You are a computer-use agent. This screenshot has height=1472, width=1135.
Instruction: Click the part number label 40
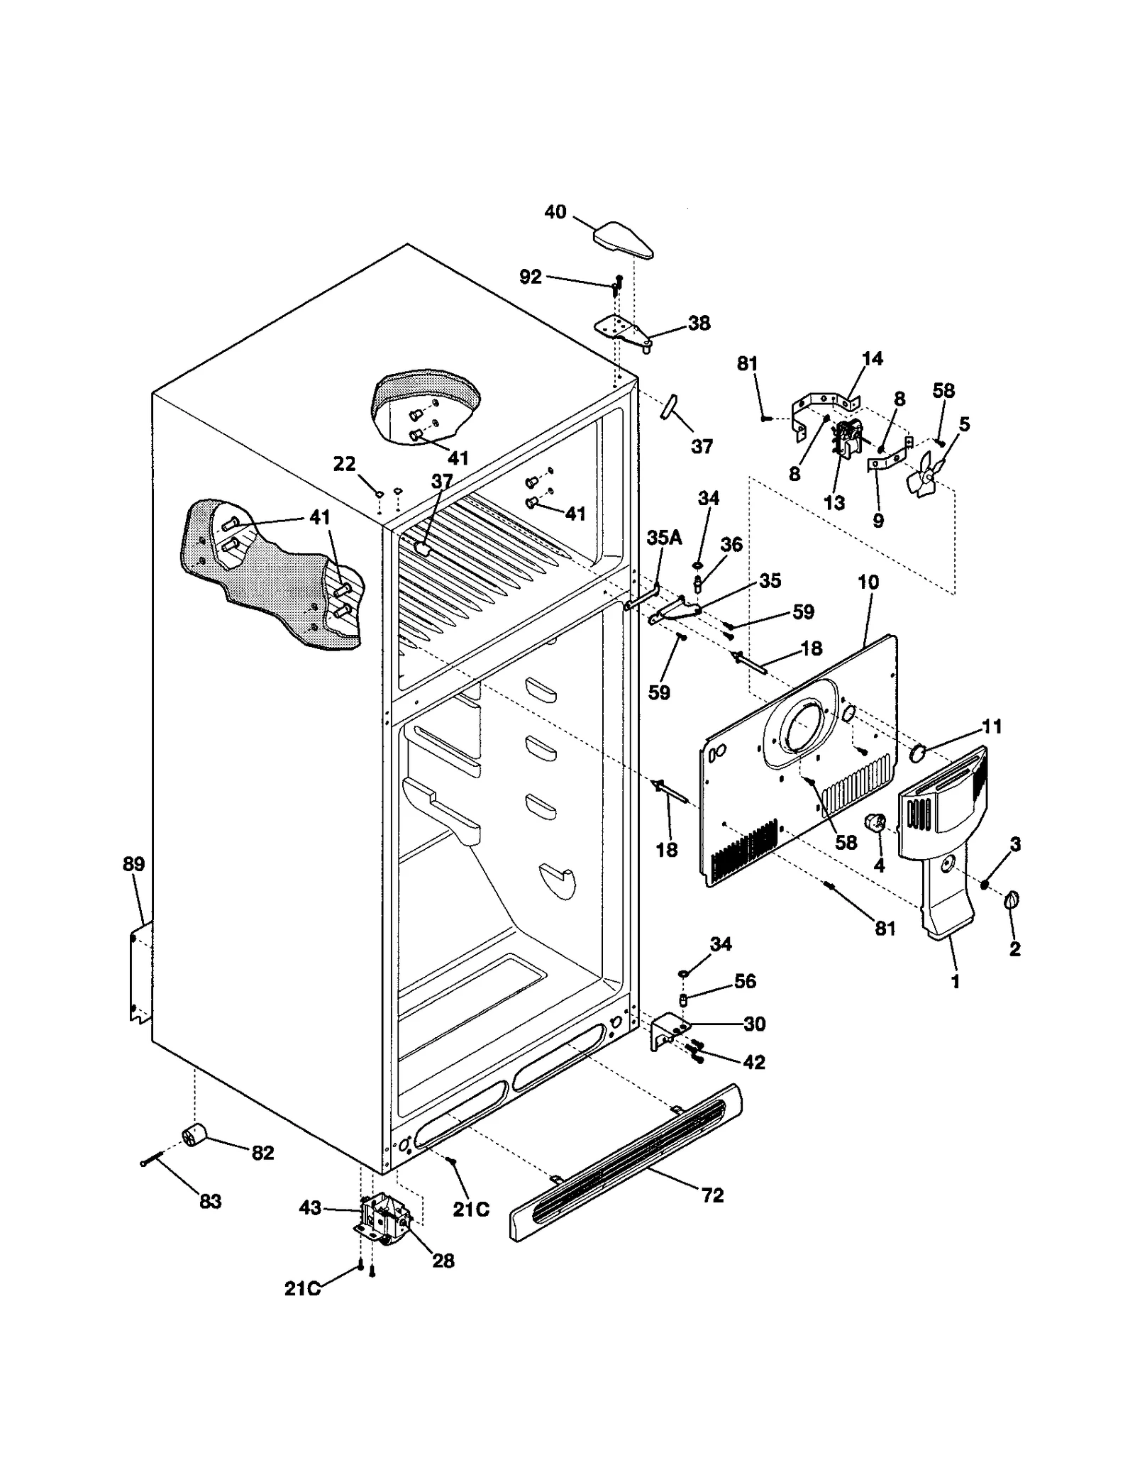pyautogui.click(x=555, y=212)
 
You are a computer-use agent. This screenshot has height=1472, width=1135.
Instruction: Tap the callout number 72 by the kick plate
pyautogui.click(x=712, y=1195)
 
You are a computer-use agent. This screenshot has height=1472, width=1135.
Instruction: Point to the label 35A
pyautogui.click(x=664, y=538)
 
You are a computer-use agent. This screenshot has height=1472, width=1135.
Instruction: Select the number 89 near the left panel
pyautogui.click(x=133, y=864)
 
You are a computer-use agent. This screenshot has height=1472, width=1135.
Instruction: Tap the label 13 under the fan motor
pyautogui.click(x=834, y=503)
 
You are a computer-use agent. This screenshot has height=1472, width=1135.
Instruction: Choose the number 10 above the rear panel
pyautogui.click(x=868, y=582)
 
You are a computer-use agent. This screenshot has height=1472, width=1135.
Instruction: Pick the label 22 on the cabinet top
pyautogui.click(x=344, y=464)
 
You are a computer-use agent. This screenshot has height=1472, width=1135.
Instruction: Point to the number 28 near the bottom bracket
pyautogui.click(x=443, y=1261)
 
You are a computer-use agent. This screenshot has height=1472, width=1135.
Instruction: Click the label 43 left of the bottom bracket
pyautogui.click(x=310, y=1207)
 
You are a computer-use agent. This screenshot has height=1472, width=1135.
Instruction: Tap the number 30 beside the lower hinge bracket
pyautogui.click(x=754, y=1024)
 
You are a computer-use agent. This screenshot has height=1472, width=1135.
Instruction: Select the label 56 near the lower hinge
pyautogui.click(x=745, y=981)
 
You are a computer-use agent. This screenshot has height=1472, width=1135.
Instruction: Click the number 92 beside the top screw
pyautogui.click(x=530, y=277)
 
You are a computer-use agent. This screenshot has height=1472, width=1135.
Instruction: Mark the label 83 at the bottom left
pyautogui.click(x=210, y=1202)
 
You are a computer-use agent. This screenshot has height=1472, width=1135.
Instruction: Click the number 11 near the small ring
pyautogui.click(x=991, y=726)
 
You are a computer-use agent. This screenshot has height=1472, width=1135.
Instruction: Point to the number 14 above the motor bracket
pyautogui.click(x=872, y=358)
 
